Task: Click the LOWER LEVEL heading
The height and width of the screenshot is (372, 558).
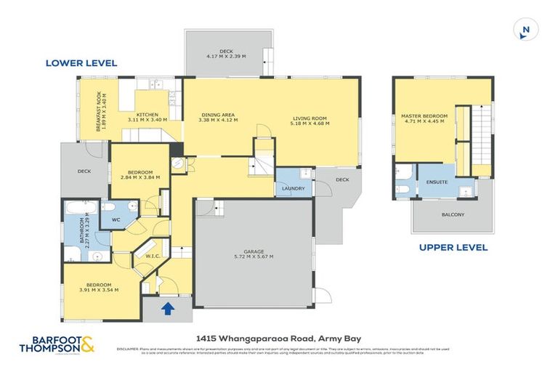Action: [x=81, y=63]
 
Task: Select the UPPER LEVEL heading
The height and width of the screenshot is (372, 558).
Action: [x=453, y=248]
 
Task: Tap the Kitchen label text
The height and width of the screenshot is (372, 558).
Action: [x=147, y=117]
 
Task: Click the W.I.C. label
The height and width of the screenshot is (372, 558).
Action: [x=153, y=255]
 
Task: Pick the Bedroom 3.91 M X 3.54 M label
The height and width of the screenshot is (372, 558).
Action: [x=98, y=287]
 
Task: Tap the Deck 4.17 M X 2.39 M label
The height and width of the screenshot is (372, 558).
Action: [x=227, y=54]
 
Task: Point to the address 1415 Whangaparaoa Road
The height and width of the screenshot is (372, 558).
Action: [x=278, y=338]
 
